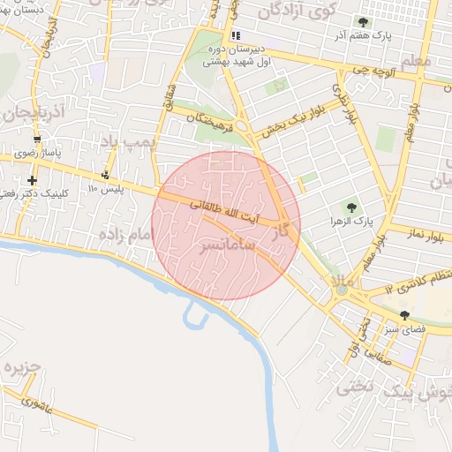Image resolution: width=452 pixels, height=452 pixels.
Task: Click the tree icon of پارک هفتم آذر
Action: pos(362,21)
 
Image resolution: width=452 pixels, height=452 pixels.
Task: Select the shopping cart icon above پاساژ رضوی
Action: pos(36,139)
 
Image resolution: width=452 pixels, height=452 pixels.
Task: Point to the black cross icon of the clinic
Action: pos(33,180)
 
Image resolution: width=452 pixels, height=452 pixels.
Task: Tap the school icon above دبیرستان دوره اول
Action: pos(235,35)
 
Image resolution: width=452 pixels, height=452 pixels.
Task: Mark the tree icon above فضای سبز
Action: pos(405,315)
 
